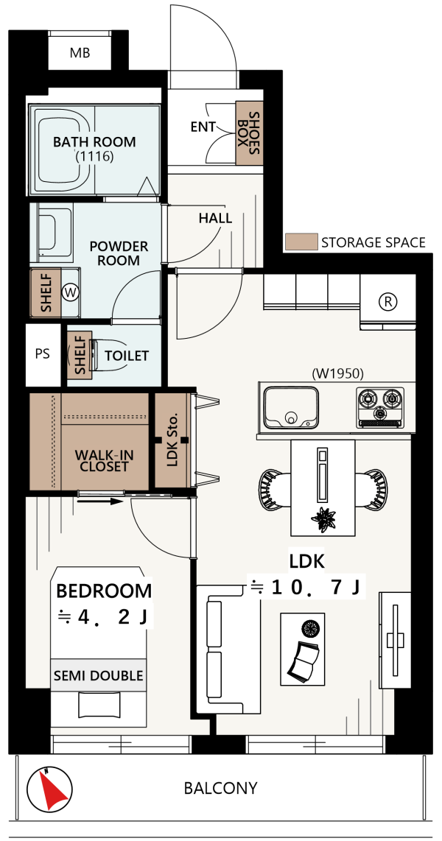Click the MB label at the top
(x=80, y=53)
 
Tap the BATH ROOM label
(x=94, y=142)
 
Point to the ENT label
(x=203, y=127)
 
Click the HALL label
(x=215, y=218)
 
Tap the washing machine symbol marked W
(x=70, y=292)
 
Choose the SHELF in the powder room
(x=45, y=292)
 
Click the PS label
(x=43, y=354)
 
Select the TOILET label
(x=127, y=356)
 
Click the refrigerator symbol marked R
(x=387, y=301)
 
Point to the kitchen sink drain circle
(x=291, y=417)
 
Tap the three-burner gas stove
(x=380, y=407)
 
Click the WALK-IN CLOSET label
(x=105, y=461)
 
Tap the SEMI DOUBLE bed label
(x=98, y=675)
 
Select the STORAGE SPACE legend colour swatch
(x=301, y=242)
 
